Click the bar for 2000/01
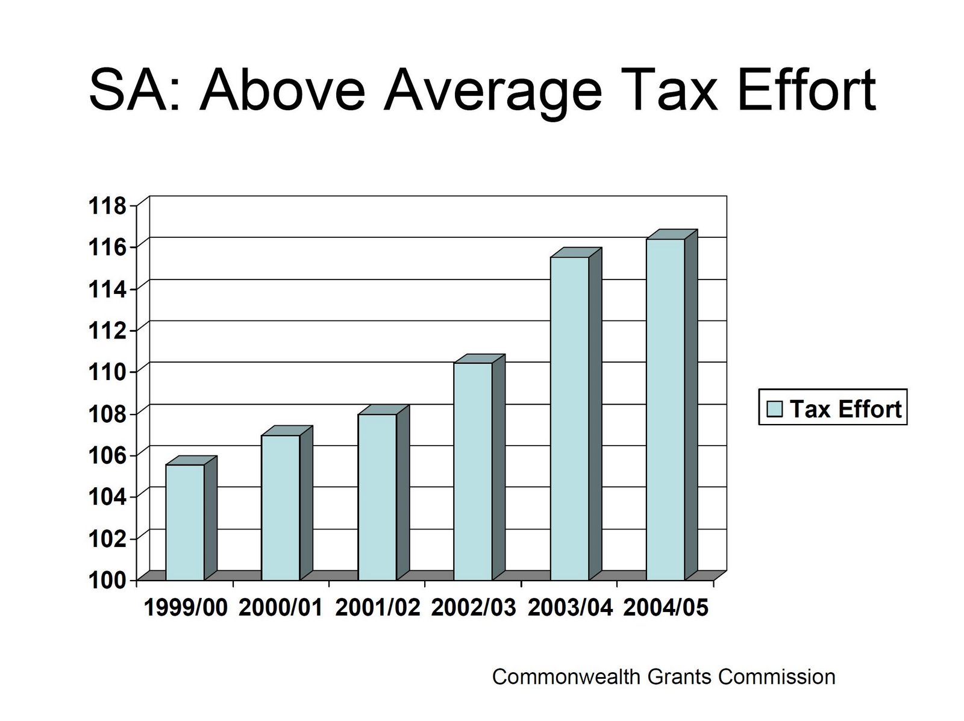click(280, 507)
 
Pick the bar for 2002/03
click(473, 471)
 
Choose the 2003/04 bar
click(569, 418)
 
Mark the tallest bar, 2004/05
click(665, 409)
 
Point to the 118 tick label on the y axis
click(108, 207)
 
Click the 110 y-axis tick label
click(108, 372)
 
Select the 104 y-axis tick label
click(108, 496)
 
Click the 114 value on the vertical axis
click(108, 289)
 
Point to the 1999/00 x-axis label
click(186, 608)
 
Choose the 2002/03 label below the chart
click(474, 608)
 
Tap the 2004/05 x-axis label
click(666, 608)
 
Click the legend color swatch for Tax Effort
click(774, 409)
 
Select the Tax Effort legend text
click(845, 409)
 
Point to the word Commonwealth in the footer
click(566, 676)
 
